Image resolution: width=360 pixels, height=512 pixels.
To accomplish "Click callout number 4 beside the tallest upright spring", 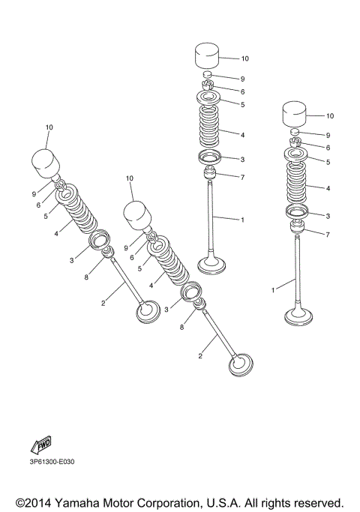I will point(242,135).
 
